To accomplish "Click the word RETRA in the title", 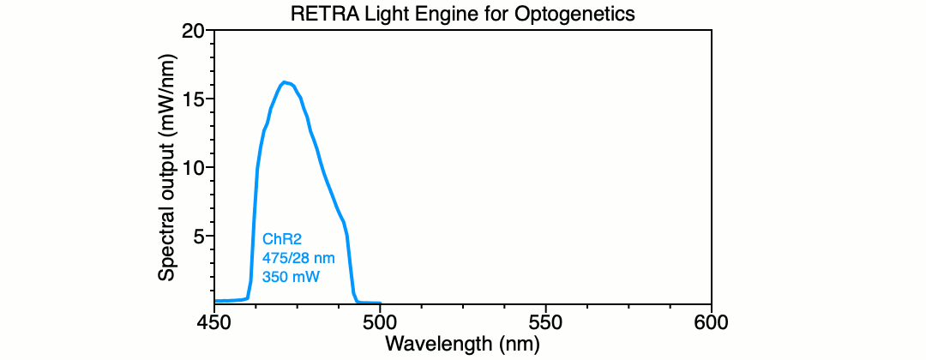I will [316, 14].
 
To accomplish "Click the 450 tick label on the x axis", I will [214, 322].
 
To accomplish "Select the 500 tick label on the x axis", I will [380, 322].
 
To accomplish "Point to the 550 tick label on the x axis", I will [545, 322].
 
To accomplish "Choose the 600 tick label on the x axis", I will [711, 322].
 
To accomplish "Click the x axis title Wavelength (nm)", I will [463, 344].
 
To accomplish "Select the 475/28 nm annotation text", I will [298, 258].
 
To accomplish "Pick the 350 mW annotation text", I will [291, 275].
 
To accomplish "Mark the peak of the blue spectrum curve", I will [285, 82].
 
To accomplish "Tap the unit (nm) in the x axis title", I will [520, 344].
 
